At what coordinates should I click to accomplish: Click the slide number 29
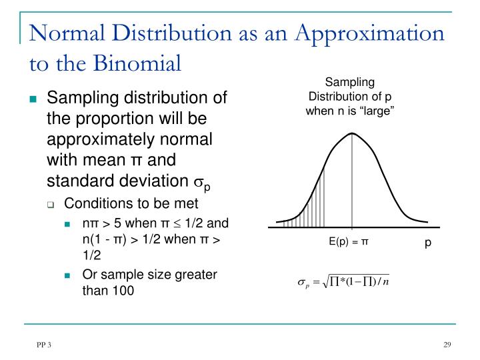click(x=448, y=345)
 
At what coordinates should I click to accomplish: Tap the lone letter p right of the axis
click(x=429, y=243)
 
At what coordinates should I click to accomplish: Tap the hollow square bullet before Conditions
click(x=51, y=204)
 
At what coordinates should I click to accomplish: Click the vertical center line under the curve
click(x=351, y=187)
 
